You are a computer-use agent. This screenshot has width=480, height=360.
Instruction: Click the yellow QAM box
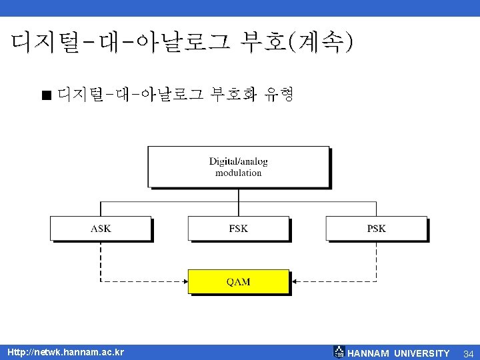238,281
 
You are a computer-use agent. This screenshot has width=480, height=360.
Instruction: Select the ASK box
101,228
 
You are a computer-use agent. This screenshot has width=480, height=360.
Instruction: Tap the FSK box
238,228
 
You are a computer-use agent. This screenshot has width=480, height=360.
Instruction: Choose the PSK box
376,228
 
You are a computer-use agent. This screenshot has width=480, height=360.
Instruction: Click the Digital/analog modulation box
238,167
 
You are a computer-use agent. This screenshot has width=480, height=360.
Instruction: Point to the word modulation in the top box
238,173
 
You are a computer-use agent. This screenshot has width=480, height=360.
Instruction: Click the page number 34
468,353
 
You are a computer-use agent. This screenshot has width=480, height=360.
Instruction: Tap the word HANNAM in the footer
369,353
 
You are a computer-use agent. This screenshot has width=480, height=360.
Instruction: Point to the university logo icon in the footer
339,352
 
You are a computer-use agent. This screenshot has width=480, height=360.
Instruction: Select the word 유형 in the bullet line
279,94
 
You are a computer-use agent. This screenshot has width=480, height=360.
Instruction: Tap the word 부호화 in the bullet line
234,94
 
